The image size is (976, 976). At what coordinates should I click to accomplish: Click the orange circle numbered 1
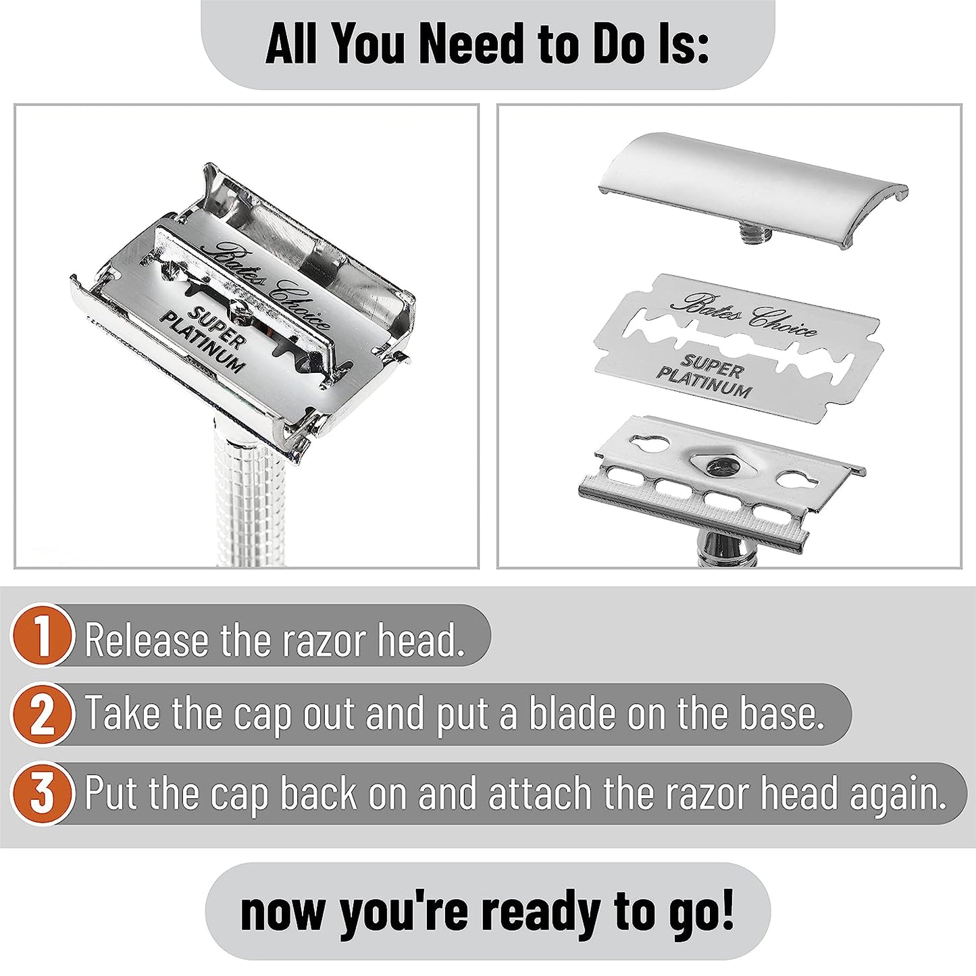tap(43, 636)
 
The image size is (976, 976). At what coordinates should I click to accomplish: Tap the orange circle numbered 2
tap(43, 715)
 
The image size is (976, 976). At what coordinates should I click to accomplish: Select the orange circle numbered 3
tap(43, 794)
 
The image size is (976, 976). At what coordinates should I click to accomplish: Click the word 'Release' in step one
tap(147, 640)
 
